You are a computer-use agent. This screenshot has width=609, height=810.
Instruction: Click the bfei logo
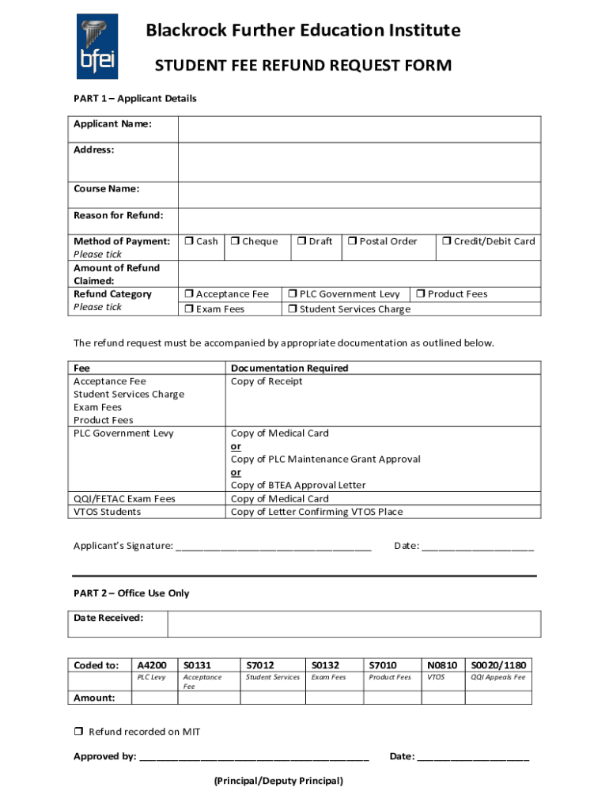pyautogui.click(x=97, y=47)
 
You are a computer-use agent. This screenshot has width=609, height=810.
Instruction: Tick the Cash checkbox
pyautogui.click(x=189, y=241)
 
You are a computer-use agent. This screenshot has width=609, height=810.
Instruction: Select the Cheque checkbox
pyautogui.click(x=235, y=241)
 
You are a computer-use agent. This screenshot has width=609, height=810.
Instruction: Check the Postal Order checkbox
pyautogui.click(x=353, y=241)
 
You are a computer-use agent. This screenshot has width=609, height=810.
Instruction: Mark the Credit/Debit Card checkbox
pyautogui.click(x=446, y=241)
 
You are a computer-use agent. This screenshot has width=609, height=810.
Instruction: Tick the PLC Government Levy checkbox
pyautogui.click(x=293, y=294)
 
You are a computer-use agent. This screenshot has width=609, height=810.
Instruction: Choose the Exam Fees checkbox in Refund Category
pyautogui.click(x=189, y=309)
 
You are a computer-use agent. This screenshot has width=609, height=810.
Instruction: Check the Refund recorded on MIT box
pyautogui.click(x=78, y=732)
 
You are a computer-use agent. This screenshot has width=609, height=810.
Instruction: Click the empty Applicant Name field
pyautogui.click(x=359, y=129)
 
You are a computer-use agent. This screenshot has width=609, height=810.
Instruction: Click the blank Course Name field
pyautogui.click(x=359, y=195)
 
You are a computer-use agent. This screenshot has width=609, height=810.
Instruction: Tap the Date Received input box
pyautogui.click(x=354, y=624)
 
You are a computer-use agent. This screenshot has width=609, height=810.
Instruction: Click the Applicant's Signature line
pyautogui.click(x=273, y=546)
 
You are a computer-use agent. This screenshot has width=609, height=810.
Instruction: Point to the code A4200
pyautogui.click(x=152, y=665)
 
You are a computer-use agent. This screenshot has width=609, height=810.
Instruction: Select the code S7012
pyautogui.click(x=260, y=665)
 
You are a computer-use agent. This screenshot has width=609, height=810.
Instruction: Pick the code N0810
pyautogui.click(x=442, y=665)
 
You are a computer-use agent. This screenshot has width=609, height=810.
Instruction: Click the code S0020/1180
pyautogui.click(x=498, y=665)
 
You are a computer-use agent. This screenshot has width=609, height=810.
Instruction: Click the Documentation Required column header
pyautogui.click(x=289, y=368)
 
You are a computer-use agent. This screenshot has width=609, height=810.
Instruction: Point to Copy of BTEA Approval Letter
pyautogui.click(x=297, y=485)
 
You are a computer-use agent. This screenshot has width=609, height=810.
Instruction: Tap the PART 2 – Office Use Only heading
pyautogui.click(x=131, y=593)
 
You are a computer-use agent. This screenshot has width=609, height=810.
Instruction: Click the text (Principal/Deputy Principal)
pyautogui.click(x=278, y=781)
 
